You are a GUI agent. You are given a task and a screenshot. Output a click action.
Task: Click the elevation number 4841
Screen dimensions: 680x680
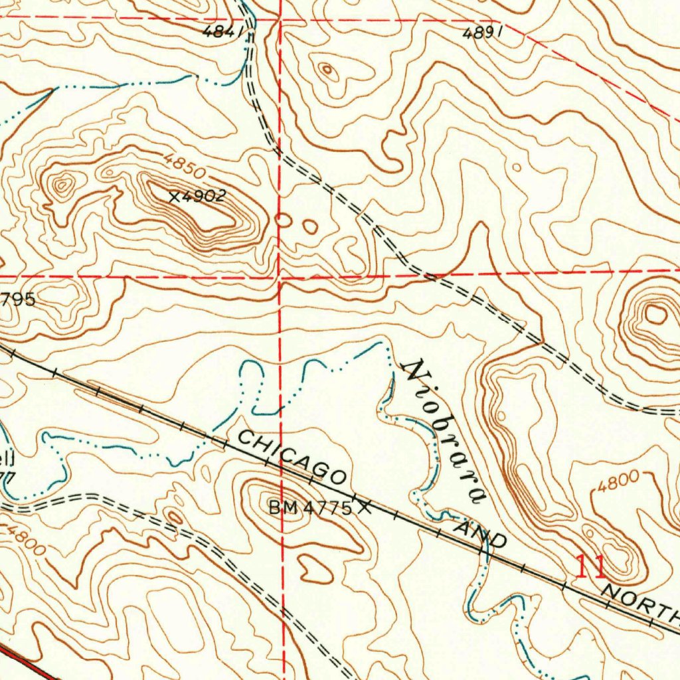[x=220, y=31]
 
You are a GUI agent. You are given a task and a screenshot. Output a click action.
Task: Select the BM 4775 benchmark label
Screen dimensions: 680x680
[x=310, y=509]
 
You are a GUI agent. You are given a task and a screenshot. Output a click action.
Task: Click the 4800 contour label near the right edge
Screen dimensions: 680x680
[x=618, y=480]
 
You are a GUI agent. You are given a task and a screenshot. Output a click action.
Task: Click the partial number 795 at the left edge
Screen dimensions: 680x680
[x=18, y=299]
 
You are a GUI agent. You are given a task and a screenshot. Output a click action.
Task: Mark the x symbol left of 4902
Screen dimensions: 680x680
[x=174, y=197]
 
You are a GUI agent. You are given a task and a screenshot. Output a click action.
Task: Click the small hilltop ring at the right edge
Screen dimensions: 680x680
[x=655, y=314]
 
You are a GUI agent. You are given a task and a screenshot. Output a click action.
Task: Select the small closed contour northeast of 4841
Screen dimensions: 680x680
[x=327, y=70]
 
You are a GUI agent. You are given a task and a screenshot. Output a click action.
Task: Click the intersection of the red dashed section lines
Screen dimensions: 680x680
[x=280, y=276]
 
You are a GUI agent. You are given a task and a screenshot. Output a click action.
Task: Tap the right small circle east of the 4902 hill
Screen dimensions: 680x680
[x=310, y=226]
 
